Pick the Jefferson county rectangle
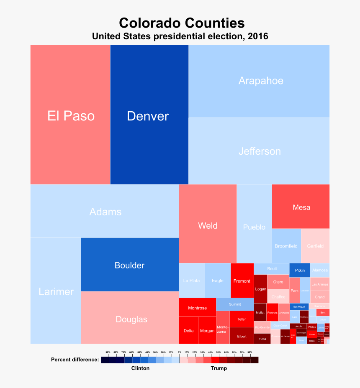(259, 151)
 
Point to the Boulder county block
(130, 265)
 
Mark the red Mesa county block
(301, 207)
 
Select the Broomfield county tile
(286, 246)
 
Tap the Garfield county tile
(315, 246)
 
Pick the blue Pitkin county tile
(300, 270)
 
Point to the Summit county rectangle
(235, 304)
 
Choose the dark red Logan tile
(260, 288)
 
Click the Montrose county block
(197, 308)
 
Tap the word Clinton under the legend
(140, 368)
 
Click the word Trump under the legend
(219, 368)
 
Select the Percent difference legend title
(75, 360)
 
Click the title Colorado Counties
(182, 23)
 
